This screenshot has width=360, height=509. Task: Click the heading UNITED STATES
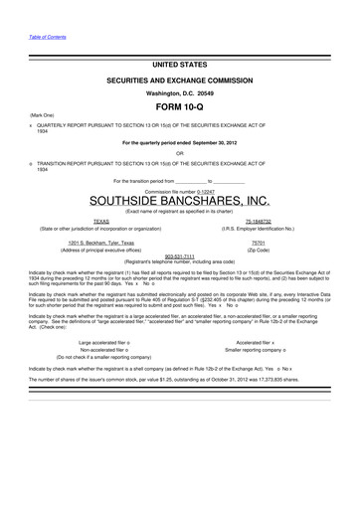pyautogui.click(x=179, y=63)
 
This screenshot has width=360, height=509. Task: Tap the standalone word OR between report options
pyautogui.click(x=179, y=152)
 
